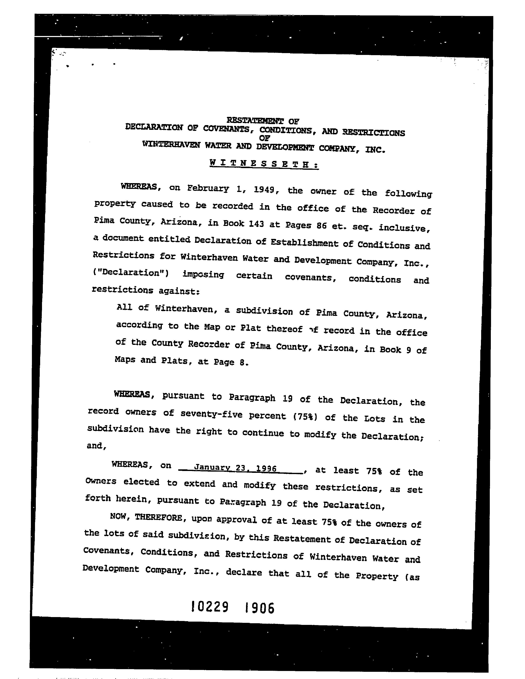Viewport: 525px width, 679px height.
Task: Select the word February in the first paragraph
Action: (x=208, y=188)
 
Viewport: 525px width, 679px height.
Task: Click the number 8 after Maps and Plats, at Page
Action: (x=242, y=362)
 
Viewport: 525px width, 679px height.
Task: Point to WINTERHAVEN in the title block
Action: (x=171, y=145)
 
